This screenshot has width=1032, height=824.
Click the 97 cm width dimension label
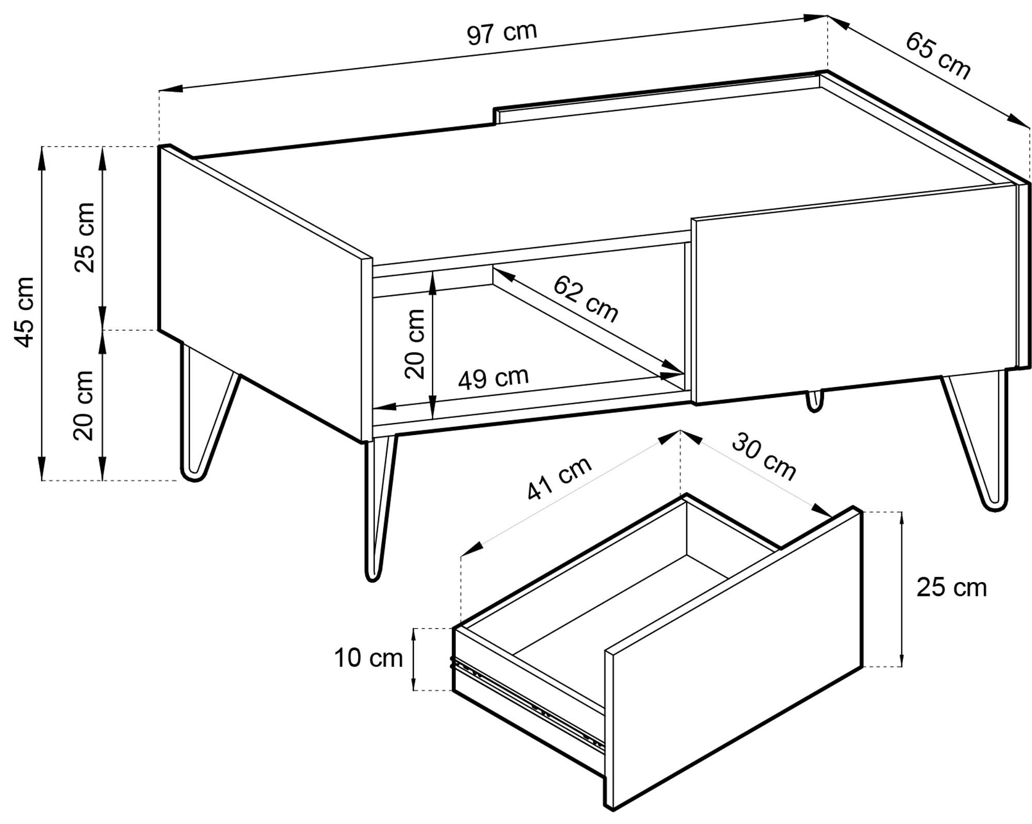(502, 33)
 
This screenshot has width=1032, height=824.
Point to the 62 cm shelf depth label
(585, 299)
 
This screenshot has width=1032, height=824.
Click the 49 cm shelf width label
(493, 378)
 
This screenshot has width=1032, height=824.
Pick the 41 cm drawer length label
(559, 479)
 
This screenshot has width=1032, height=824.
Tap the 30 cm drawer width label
(764, 457)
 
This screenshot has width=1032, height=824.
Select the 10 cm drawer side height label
(368, 658)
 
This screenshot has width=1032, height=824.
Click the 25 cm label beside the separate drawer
(952, 588)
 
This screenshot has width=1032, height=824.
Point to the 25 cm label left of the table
(85, 237)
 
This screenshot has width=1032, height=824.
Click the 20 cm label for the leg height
(84, 406)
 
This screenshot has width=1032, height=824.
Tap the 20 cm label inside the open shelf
(414, 344)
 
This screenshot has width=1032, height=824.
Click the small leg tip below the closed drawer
(814, 401)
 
